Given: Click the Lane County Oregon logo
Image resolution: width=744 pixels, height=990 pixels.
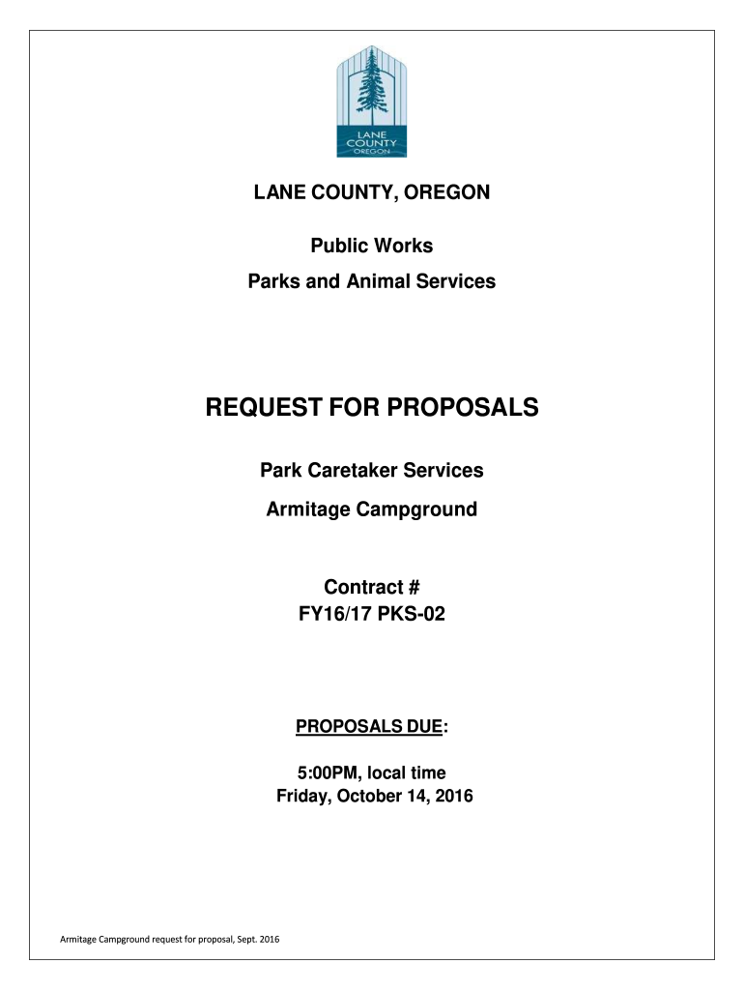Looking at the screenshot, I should (372, 101).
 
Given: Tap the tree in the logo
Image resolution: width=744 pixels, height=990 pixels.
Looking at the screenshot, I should (370, 81).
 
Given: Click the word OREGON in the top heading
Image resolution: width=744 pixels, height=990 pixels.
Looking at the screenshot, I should (447, 192).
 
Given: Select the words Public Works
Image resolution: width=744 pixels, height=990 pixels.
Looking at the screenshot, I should (372, 247).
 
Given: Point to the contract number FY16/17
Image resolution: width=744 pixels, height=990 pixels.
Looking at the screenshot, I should (333, 612).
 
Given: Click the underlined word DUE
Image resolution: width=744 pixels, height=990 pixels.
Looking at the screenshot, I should (421, 727).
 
